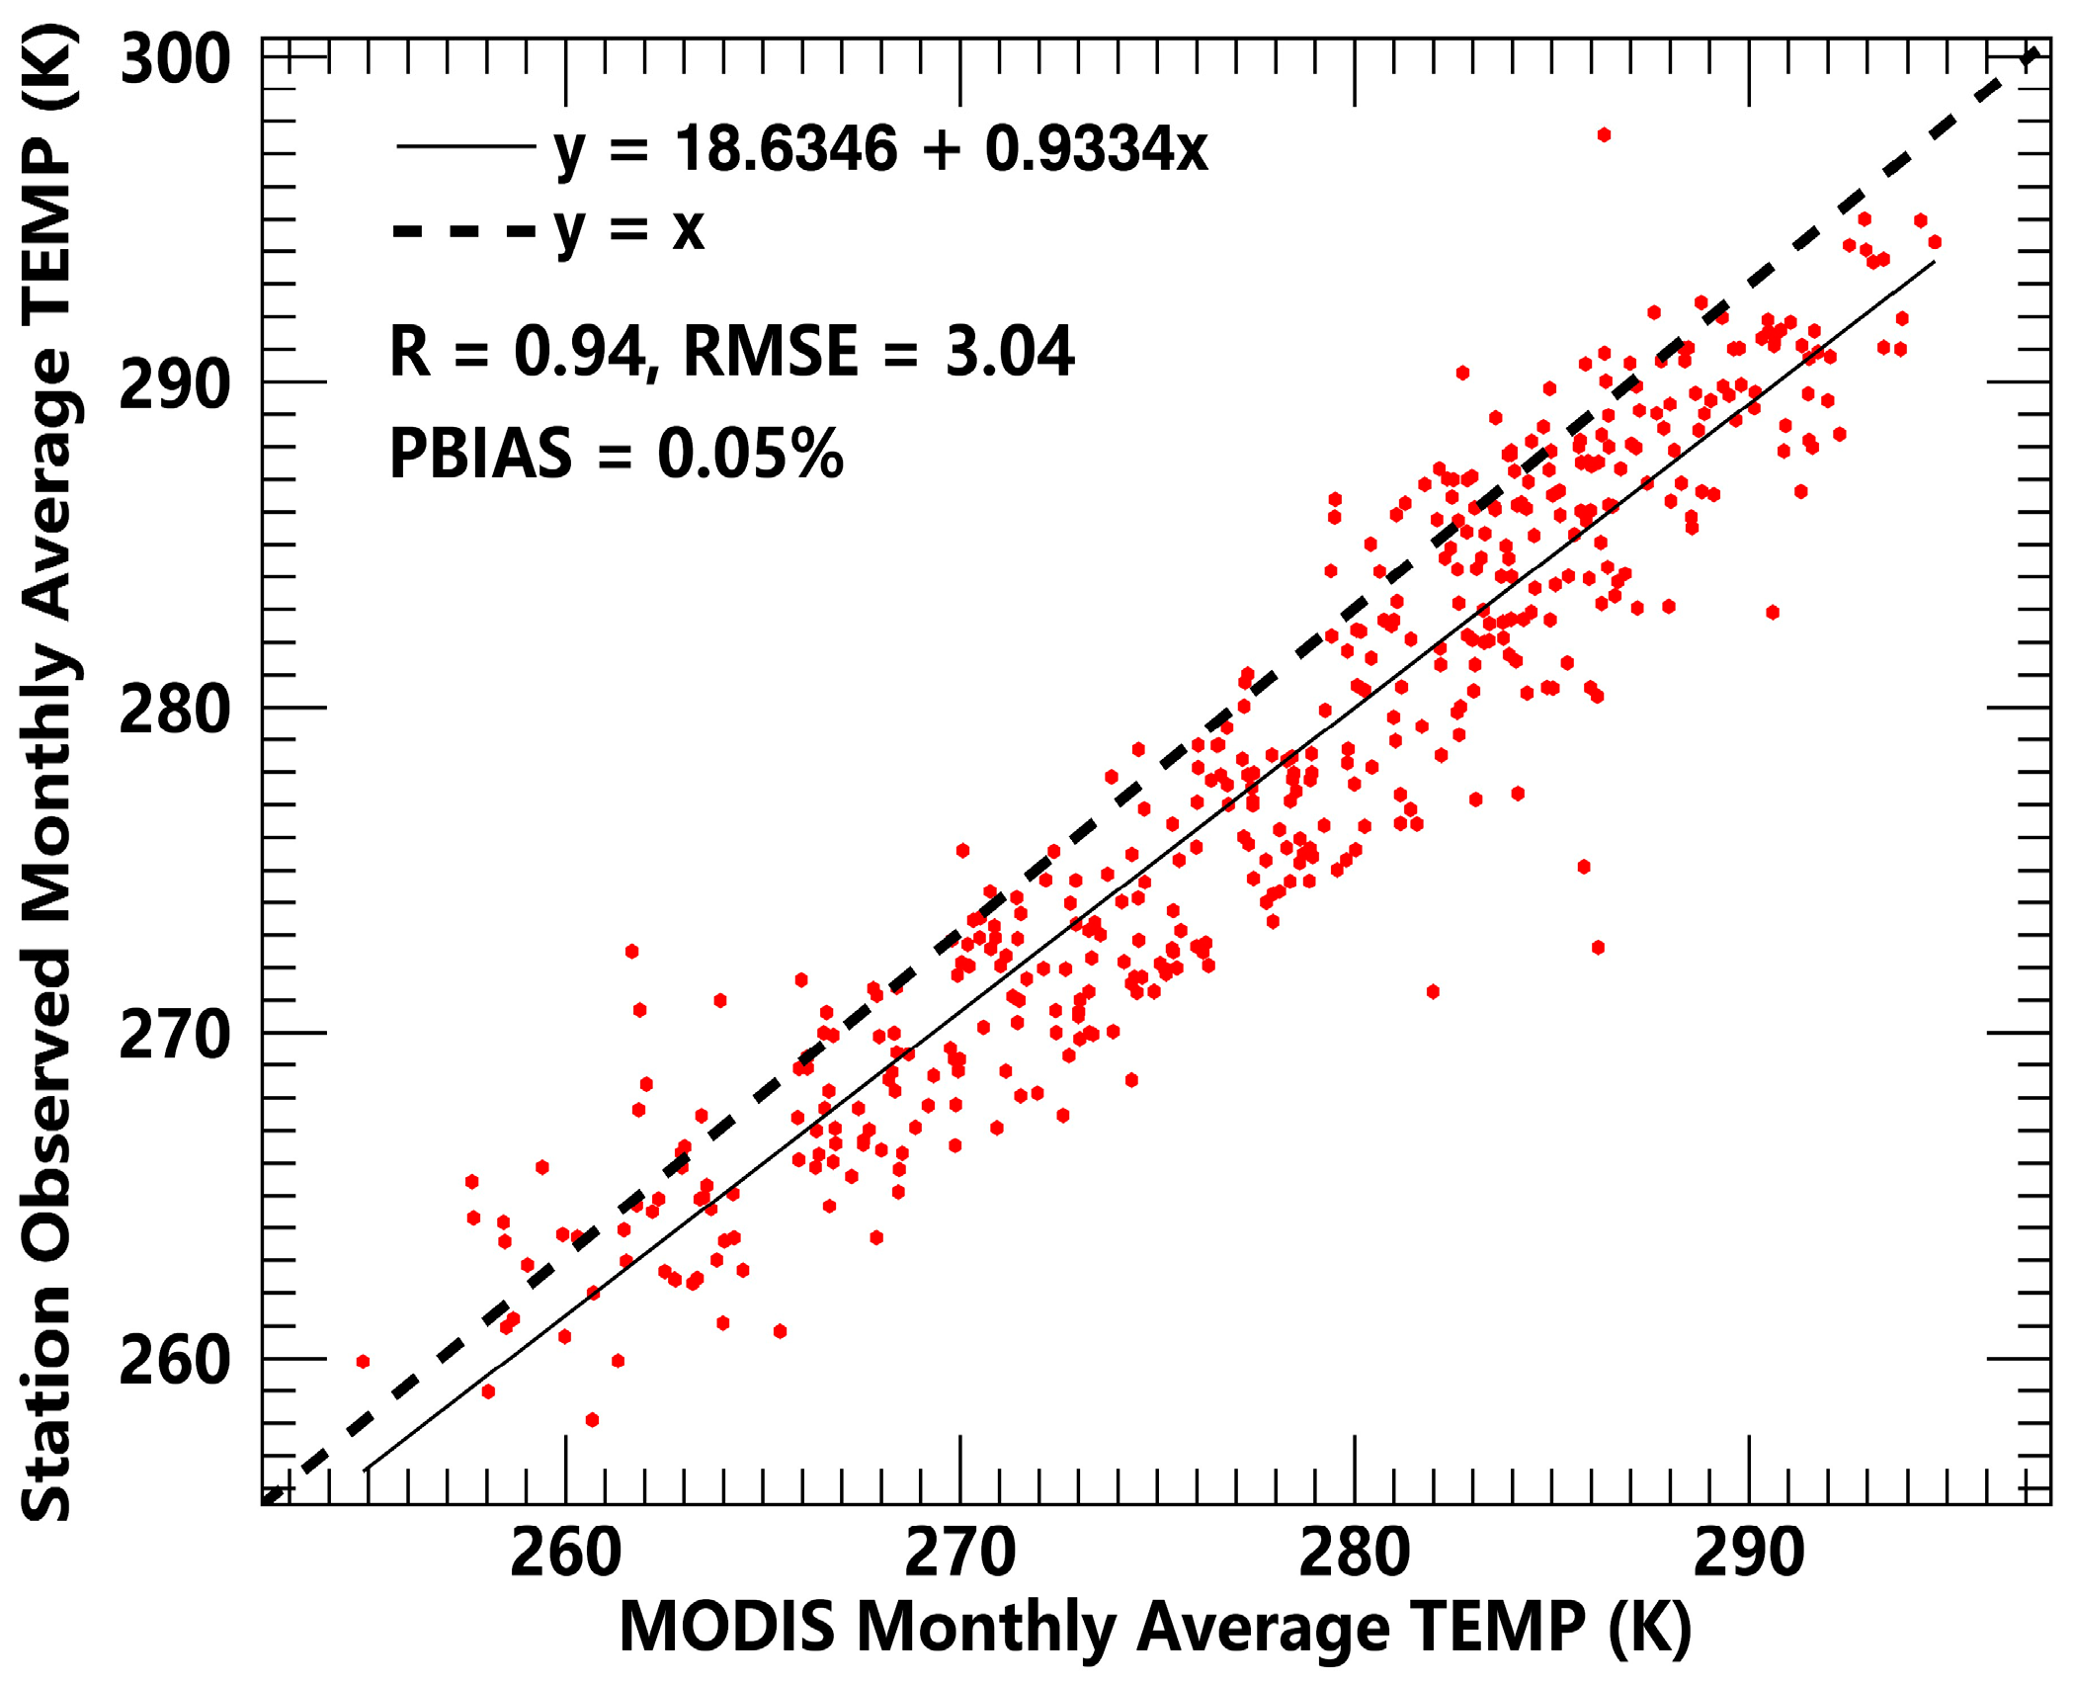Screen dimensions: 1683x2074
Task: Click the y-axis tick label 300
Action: tap(174, 59)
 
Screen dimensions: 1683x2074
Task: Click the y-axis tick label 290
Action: tap(174, 384)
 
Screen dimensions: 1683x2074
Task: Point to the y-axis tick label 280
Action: tap(174, 710)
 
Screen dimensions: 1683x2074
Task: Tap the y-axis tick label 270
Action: tap(174, 1036)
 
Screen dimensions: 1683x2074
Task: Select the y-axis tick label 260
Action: tap(174, 1361)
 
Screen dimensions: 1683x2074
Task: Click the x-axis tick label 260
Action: tap(565, 1553)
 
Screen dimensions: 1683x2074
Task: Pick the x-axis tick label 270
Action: tap(959, 1553)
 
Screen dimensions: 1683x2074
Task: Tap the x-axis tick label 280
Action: tap(1354, 1553)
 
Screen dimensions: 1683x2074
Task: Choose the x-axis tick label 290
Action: tap(1748, 1553)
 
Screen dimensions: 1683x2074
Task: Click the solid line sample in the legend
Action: tap(465, 147)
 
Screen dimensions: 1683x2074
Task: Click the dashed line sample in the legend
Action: tap(465, 232)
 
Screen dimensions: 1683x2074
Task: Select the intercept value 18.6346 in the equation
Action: tap(786, 149)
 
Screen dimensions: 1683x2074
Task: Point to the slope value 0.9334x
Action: tap(1096, 149)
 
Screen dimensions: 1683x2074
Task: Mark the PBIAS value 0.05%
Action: tap(750, 454)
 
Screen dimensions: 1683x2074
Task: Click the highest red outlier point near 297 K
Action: tap(1604, 134)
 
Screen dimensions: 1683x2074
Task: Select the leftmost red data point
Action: tap(363, 1362)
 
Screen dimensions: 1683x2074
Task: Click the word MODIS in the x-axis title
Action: tap(726, 1628)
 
